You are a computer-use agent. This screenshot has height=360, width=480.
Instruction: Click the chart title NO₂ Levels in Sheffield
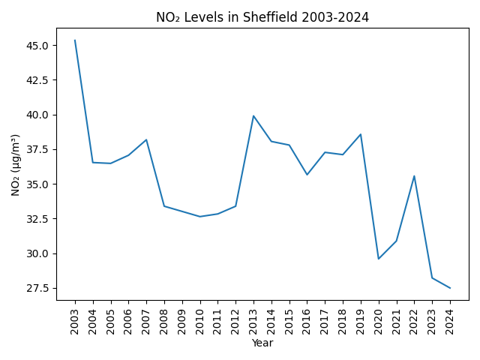click(x=262, y=17)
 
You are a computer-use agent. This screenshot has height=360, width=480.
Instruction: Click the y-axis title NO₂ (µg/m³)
click(x=16, y=164)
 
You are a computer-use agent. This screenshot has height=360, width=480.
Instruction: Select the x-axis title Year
click(x=262, y=343)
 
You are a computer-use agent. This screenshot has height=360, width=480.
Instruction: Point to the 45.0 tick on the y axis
click(x=37, y=46)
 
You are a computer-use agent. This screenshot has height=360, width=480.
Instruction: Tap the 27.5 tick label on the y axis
click(x=37, y=288)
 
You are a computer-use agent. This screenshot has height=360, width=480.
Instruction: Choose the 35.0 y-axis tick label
click(x=37, y=184)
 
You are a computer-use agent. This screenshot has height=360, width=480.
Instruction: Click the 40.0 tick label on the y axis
click(x=37, y=115)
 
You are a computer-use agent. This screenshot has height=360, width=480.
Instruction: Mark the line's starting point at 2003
click(x=75, y=40)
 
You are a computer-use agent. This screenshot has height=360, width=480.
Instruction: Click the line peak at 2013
click(x=253, y=115)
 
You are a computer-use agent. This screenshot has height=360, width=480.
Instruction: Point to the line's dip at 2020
click(x=379, y=259)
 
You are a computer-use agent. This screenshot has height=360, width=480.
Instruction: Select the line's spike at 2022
click(x=414, y=176)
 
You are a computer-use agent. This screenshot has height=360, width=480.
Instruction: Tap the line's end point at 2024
click(x=450, y=288)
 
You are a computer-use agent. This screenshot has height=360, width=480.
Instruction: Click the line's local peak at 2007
click(x=146, y=139)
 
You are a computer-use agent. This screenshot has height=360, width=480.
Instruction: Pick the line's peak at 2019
click(x=361, y=134)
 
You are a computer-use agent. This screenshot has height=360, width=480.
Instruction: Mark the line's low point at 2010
click(x=200, y=217)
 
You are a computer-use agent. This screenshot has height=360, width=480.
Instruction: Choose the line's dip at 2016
click(x=307, y=175)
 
